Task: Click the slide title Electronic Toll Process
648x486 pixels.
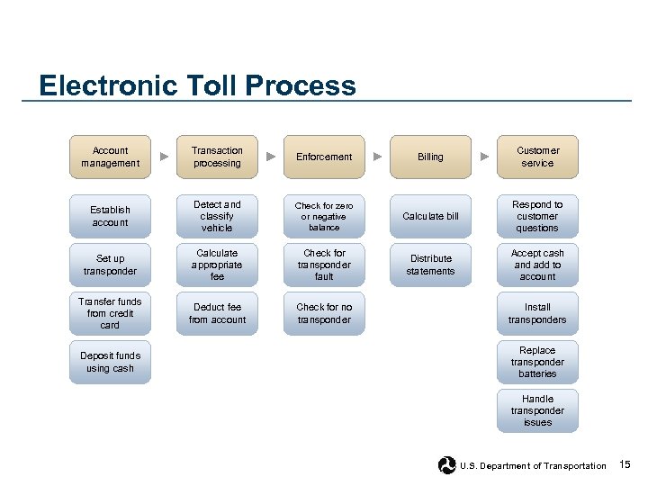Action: point(197,86)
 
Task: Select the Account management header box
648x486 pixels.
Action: point(111,157)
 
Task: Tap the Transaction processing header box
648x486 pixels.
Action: point(217,157)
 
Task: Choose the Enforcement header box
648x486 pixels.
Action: point(324,157)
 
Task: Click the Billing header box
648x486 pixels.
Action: point(430,157)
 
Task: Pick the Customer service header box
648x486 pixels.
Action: point(537,157)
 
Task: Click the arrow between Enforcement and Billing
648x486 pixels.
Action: point(378,157)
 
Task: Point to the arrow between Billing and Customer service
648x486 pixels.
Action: point(484,157)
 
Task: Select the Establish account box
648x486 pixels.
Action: point(111,216)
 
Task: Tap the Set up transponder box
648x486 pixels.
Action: point(111,265)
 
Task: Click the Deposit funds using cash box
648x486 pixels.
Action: point(111,362)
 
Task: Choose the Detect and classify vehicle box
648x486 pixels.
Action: point(217,216)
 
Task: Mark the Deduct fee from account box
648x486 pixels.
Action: point(217,313)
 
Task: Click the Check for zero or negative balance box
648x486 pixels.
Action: point(324,216)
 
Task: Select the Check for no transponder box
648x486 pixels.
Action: point(324,313)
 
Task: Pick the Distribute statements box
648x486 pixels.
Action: point(430,265)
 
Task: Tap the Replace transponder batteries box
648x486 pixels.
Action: point(537,362)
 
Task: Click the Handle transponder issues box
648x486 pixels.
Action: point(537,410)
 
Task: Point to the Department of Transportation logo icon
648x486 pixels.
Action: point(446,465)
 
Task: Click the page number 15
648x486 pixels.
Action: point(625,464)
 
